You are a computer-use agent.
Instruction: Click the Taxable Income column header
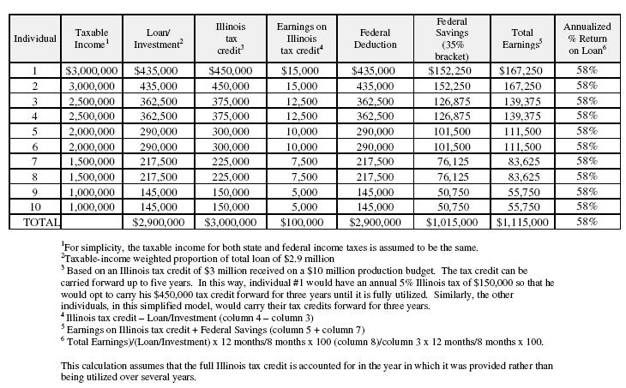point(91,39)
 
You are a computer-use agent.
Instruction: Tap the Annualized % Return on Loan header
point(587,39)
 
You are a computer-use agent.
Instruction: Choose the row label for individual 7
point(35,161)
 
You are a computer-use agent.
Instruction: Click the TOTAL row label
point(35,222)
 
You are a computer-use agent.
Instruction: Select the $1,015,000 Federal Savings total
point(450,222)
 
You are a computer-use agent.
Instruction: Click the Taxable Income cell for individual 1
point(91,70)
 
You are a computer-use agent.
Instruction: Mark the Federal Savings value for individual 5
point(450,131)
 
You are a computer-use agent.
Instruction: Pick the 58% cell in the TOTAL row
point(587,222)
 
